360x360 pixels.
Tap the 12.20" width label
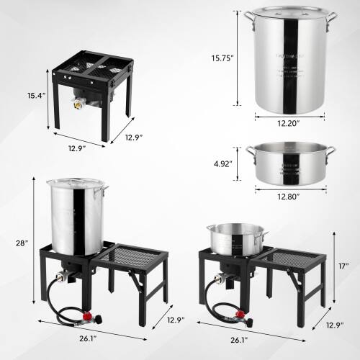(285, 124)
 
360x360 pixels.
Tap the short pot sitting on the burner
(236, 238)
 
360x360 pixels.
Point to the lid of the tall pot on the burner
(76, 184)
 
